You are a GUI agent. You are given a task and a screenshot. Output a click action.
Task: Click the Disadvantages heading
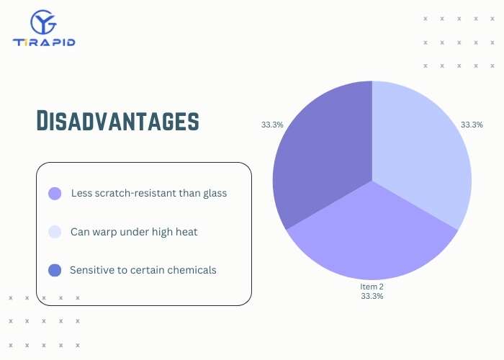[117, 121]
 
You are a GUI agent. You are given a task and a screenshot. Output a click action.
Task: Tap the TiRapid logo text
[44, 42]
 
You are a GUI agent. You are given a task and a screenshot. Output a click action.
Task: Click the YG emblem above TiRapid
[44, 22]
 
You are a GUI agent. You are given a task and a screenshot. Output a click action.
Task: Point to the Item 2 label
[372, 287]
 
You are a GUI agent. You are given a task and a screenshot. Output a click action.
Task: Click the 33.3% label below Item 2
[372, 296]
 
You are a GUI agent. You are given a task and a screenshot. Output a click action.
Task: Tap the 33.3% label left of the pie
[272, 125]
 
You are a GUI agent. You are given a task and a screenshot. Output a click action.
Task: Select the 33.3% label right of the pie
[472, 125]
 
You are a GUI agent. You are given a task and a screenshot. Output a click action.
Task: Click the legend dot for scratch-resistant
[55, 194]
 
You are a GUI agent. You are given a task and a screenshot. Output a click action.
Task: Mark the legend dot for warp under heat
[55, 232]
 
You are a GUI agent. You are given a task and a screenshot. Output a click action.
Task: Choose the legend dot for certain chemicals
[55, 271]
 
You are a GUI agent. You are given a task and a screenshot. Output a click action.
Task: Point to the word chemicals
[191, 271]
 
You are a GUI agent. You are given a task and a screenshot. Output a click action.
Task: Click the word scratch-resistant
[133, 194]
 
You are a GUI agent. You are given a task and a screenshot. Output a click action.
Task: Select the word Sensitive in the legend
[91, 271]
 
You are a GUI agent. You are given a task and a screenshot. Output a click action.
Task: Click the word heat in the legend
[185, 232]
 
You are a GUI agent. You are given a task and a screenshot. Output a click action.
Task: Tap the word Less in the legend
[81, 194]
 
